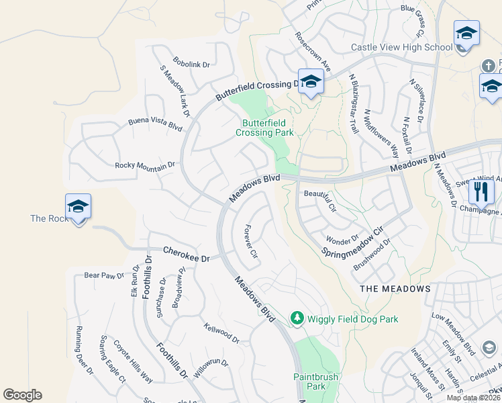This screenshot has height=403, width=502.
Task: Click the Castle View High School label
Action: coord(402,47)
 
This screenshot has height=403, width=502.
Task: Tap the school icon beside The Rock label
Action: coord(78,206)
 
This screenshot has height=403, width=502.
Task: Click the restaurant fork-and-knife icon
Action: coord(481,191)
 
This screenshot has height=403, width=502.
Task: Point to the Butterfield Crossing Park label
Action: coord(264,128)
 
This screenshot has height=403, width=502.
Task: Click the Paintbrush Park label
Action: coord(315,382)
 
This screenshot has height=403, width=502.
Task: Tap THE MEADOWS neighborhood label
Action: coord(395,288)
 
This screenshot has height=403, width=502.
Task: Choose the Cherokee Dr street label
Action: coord(187,254)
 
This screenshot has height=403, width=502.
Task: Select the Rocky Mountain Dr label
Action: coord(145,165)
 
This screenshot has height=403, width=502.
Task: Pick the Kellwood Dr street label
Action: coord(222,333)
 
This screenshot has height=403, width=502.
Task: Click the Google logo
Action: coord(22,395)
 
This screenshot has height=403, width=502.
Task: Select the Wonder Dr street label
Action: coord(342,240)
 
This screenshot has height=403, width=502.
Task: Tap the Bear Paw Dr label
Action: coord(105,275)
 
